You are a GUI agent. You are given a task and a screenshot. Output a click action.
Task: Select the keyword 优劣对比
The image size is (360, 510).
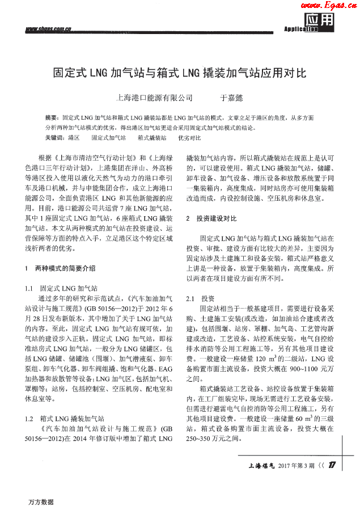tap(189, 137)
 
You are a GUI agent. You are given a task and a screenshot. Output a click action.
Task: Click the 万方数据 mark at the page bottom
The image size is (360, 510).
tap(41, 502)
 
